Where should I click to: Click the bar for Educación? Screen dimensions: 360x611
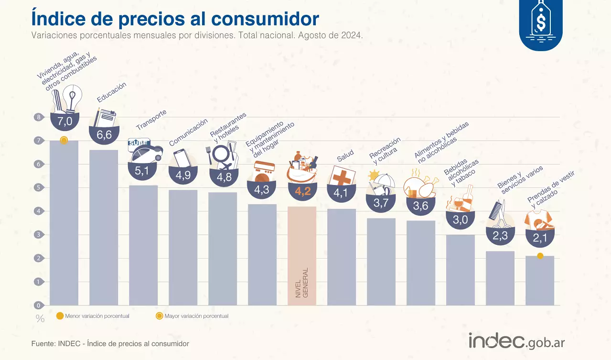(x=104, y=227)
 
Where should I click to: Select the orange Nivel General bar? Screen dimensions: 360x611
(x=302, y=256)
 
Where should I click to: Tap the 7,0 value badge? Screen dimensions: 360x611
(x=64, y=122)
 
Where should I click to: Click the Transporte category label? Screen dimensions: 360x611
(x=151, y=120)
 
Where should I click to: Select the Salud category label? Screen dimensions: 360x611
(x=345, y=156)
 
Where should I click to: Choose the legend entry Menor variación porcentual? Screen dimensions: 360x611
(x=93, y=316)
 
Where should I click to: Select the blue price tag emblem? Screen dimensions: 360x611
(x=541, y=24)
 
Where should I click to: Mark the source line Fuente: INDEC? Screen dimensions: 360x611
(x=110, y=344)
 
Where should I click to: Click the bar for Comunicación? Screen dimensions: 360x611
(x=183, y=247)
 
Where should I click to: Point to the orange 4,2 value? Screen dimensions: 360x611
(x=303, y=192)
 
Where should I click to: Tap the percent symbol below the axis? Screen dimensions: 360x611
(x=40, y=319)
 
